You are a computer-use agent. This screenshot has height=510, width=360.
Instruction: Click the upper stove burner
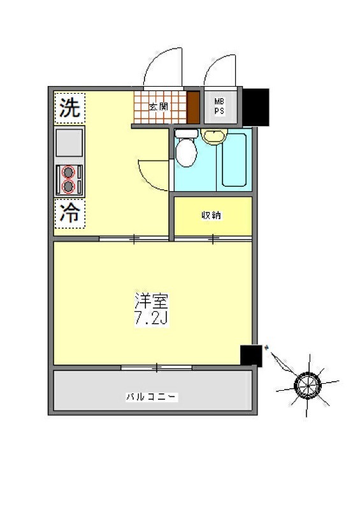[69, 172]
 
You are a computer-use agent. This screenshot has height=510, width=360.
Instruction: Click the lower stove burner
[69, 186]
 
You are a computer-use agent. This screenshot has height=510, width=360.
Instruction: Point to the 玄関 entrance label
[158, 107]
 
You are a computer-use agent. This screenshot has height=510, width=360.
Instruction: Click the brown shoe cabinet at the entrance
[193, 107]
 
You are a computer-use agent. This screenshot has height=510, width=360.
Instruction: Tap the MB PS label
[219, 105]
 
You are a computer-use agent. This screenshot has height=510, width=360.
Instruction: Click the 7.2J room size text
[150, 317]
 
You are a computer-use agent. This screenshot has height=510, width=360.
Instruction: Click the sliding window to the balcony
[157, 367]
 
